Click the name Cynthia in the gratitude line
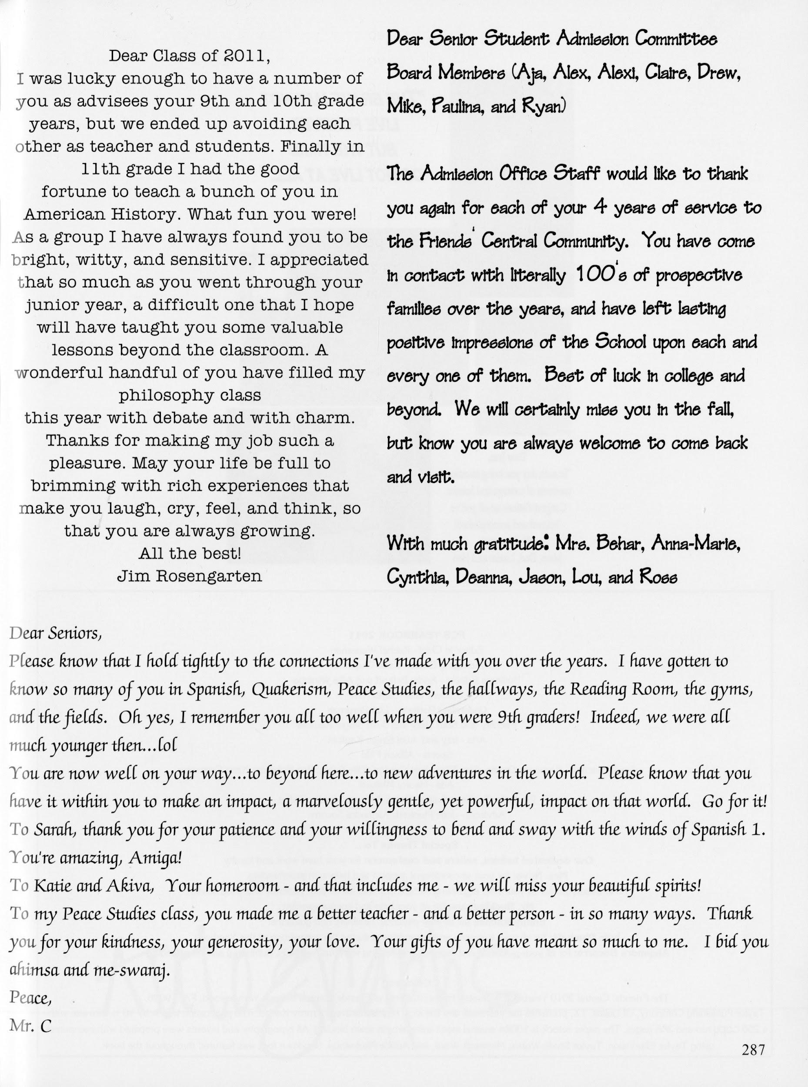pos(416,578)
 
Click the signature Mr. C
pos(30,1026)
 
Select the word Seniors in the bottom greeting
pos(75,633)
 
